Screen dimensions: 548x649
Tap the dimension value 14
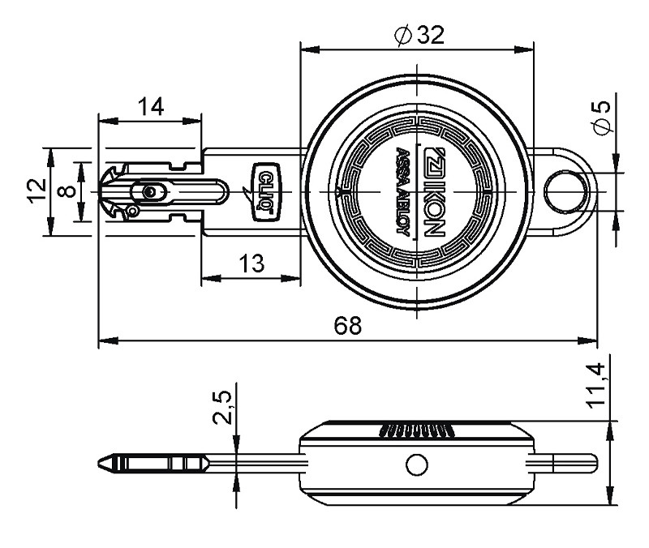click(x=150, y=106)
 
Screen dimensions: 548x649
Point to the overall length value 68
click(x=348, y=325)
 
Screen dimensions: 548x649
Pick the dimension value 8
click(x=68, y=191)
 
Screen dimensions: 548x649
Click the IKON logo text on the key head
click(x=431, y=191)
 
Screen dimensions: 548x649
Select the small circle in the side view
click(x=417, y=465)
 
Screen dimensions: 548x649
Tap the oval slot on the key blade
click(x=150, y=191)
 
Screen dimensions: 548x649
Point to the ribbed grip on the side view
click(x=415, y=429)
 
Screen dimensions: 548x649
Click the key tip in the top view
click(x=104, y=191)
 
